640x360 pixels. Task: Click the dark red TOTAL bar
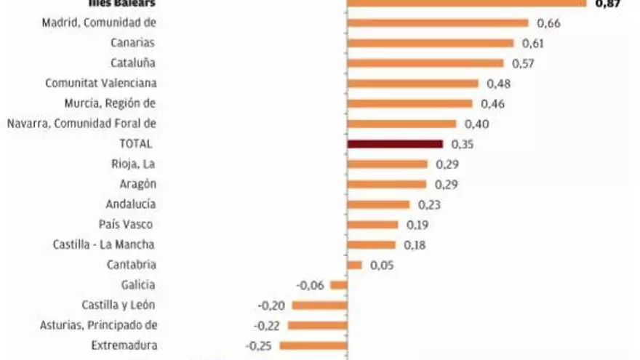[x=395, y=144]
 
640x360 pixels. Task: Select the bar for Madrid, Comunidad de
[x=438, y=23]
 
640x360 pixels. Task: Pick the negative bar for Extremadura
[x=313, y=345]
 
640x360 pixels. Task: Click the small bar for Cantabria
[x=355, y=265]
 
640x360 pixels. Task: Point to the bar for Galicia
[x=339, y=285]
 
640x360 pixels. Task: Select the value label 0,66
[x=548, y=23]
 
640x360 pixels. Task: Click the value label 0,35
[x=462, y=144]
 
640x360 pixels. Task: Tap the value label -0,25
[x=259, y=345]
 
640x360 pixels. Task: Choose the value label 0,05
[x=381, y=265]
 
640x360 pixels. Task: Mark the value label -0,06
[x=310, y=285]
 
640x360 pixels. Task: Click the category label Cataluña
[x=132, y=63]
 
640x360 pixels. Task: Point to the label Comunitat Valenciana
[x=100, y=84]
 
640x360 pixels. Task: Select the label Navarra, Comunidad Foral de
[x=81, y=124]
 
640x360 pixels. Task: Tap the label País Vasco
[x=125, y=224]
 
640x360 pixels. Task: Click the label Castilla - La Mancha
[x=104, y=244]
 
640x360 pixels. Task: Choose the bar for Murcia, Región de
[x=410, y=104]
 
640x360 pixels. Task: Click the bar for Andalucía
[x=380, y=204]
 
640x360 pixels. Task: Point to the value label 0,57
[x=523, y=63]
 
